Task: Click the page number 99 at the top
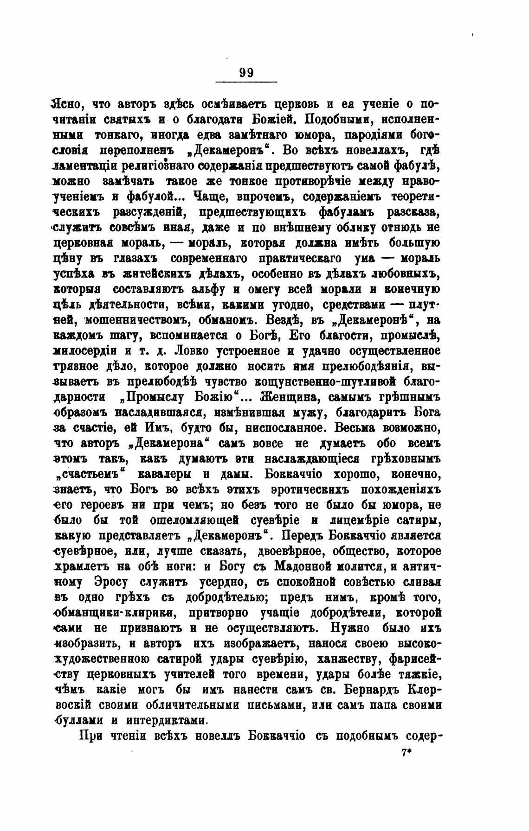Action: [246, 72]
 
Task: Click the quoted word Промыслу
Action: [153, 397]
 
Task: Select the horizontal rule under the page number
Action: [246, 82]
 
